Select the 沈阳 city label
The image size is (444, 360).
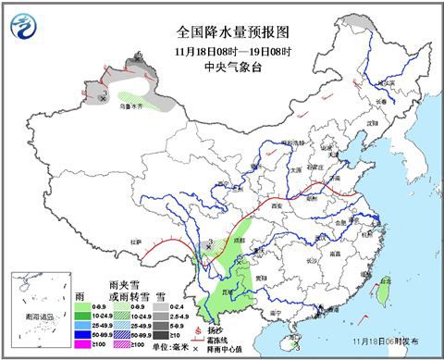point(371,121)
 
